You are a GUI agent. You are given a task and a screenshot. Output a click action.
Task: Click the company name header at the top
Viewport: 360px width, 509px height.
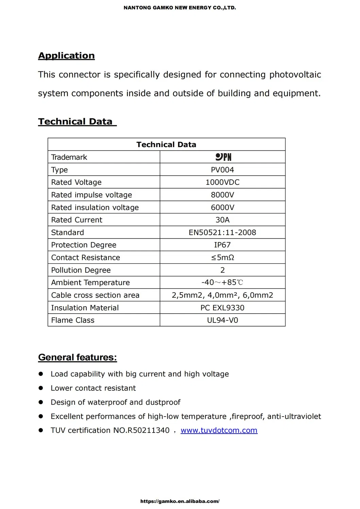tap(179, 7)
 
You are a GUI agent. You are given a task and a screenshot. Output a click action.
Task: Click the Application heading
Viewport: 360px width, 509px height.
tap(66, 56)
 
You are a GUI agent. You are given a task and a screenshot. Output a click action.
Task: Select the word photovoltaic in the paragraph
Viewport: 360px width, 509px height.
tap(295, 75)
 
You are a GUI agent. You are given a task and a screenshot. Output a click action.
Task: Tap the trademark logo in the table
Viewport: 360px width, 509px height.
tap(223, 157)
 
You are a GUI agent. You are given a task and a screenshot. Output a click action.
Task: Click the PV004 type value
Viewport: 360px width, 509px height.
tap(222, 170)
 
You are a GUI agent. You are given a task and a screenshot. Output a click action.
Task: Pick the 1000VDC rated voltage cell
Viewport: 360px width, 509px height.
tap(222, 182)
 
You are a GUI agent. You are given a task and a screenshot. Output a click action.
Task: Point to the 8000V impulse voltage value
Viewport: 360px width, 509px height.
tap(222, 195)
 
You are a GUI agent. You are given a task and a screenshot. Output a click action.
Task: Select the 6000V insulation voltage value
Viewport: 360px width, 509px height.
tap(222, 207)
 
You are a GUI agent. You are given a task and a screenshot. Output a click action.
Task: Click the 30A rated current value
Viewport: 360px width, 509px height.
tap(222, 220)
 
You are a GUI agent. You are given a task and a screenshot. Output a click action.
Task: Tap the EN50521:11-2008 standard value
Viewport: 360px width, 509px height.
tap(222, 232)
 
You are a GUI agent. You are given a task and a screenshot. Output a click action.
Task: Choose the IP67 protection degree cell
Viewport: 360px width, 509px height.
tap(222, 245)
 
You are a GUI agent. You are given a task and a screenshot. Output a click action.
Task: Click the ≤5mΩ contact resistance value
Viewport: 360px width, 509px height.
tap(222, 258)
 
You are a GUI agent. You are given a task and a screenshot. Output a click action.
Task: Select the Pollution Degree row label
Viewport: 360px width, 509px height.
tap(81, 270)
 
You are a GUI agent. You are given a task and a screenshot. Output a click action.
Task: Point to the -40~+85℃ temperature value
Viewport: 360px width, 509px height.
tap(222, 282)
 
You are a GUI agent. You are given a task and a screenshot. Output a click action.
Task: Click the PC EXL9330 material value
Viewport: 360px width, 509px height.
tap(222, 308)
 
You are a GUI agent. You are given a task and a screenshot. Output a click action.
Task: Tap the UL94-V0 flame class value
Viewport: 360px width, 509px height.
tap(222, 320)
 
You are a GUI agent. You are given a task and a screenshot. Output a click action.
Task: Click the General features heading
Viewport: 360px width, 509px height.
tap(78, 357)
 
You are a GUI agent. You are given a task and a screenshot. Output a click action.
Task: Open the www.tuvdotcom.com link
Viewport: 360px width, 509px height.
tap(219, 430)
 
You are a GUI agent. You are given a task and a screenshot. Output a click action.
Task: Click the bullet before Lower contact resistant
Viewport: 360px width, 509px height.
tap(41, 388)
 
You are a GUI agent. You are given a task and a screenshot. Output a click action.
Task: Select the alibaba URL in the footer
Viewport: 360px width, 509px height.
tap(180, 501)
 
